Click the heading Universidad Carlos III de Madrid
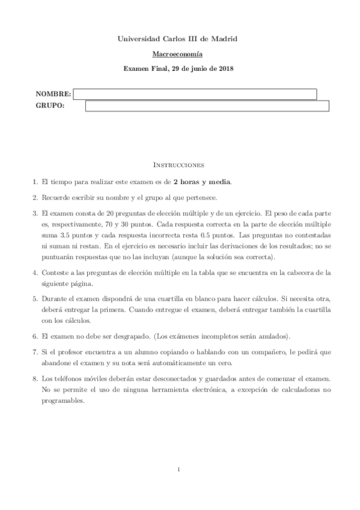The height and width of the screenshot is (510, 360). coord(180,38)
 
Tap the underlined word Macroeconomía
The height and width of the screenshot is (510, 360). coord(180,54)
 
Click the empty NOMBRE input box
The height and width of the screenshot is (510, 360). coord(195,94)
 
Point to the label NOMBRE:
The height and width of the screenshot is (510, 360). coord(53,94)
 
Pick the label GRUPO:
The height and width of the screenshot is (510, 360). coord(50,106)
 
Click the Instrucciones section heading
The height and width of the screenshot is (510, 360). coord(180,164)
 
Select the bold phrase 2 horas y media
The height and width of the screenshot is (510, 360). coord(202,182)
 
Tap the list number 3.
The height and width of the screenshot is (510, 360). coord(35,213)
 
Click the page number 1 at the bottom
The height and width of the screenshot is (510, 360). coord(180,469)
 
